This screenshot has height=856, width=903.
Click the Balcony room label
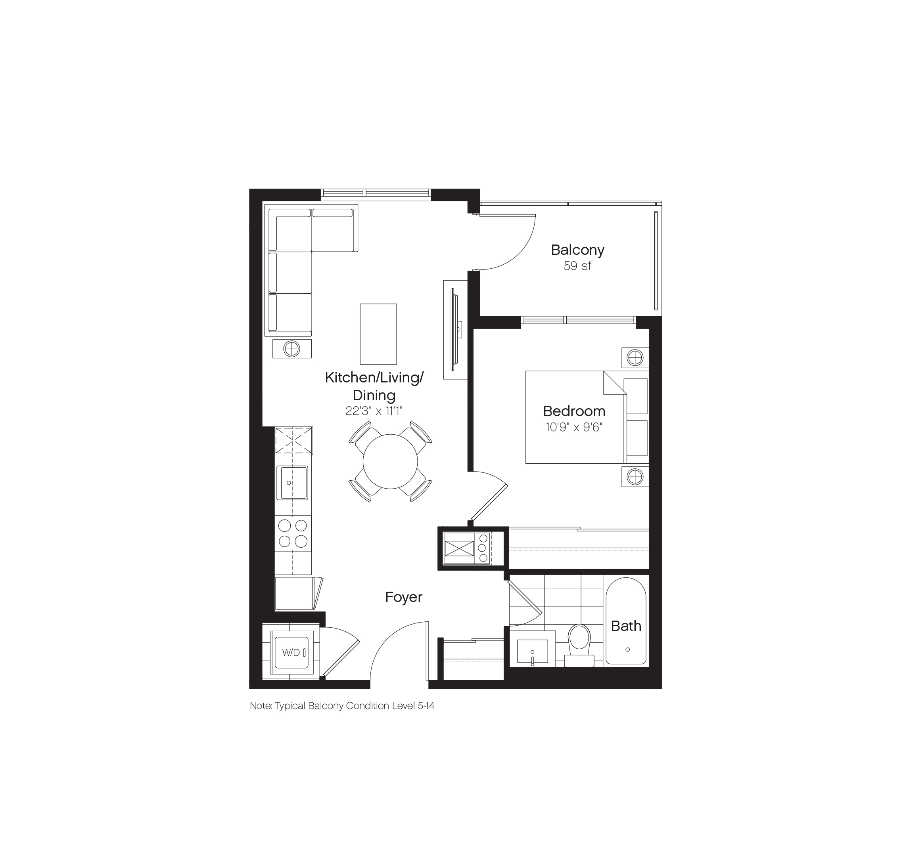tap(577, 250)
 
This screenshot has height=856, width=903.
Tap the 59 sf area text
tap(577, 266)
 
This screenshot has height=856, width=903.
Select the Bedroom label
tap(574, 411)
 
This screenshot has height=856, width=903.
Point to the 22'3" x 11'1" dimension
tap(374, 411)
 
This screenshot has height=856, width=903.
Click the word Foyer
tap(404, 597)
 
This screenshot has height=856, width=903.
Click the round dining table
tap(390, 461)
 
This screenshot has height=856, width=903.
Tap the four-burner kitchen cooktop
tap(293, 533)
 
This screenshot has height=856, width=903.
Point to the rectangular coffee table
tap(378, 334)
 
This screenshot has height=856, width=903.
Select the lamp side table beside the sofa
tap(292, 349)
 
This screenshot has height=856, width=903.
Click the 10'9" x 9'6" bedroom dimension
tap(574, 428)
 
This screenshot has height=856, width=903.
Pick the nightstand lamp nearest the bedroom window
tap(635, 358)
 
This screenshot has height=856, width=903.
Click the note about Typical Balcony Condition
tap(342, 706)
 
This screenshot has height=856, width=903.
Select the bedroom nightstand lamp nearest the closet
tap(635, 477)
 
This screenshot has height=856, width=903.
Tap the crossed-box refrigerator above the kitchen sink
tap(293, 440)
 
